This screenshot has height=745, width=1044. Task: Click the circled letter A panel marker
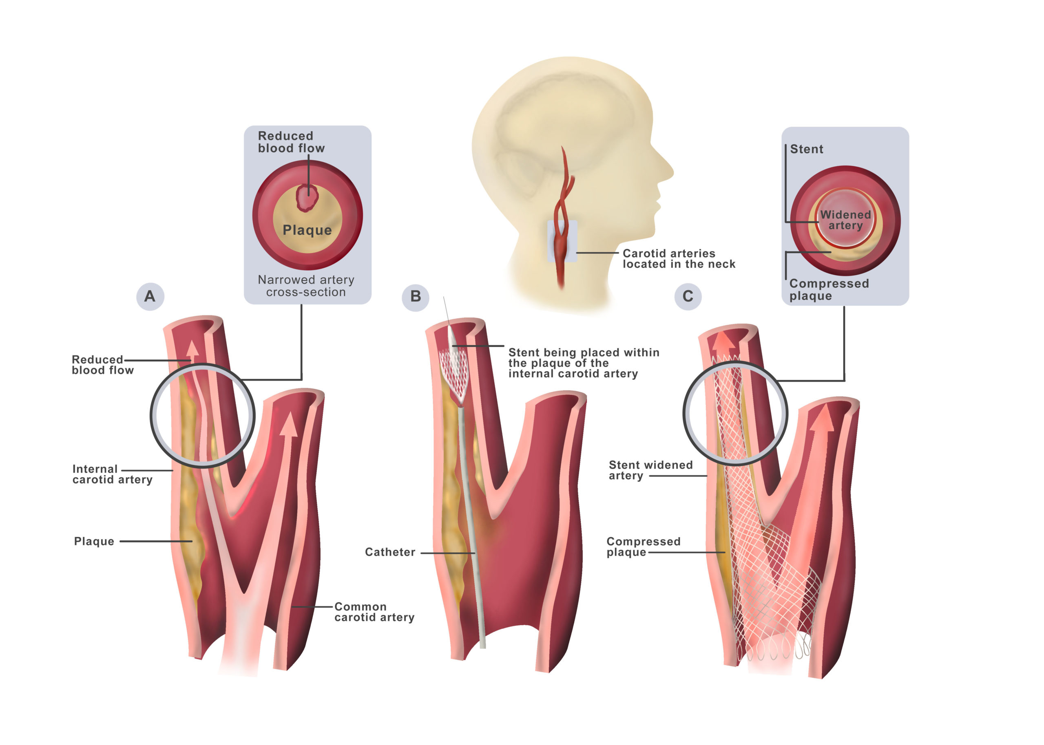coord(150,296)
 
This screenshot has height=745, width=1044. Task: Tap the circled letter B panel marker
coord(415,296)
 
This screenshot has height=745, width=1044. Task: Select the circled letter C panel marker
coord(688,296)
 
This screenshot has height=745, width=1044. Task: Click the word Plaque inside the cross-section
coord(307,230)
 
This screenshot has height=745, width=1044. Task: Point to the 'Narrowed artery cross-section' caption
coord(306,286)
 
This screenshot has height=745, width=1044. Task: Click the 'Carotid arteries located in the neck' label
coord(678,259)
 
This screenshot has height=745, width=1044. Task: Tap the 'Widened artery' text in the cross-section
coord(845,220)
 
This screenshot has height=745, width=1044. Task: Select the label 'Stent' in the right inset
coord(806,149)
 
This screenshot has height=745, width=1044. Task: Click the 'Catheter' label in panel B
coord(389,552)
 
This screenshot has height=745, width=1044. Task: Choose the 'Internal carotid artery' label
coord(112,474)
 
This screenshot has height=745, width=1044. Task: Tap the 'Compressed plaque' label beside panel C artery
coord(643,547)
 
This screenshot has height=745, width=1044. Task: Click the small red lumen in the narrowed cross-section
coord(307,197)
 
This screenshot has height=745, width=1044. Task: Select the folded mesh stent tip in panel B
coord(454,374)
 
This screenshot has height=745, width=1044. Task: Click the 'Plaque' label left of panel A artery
coord(94,541)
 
